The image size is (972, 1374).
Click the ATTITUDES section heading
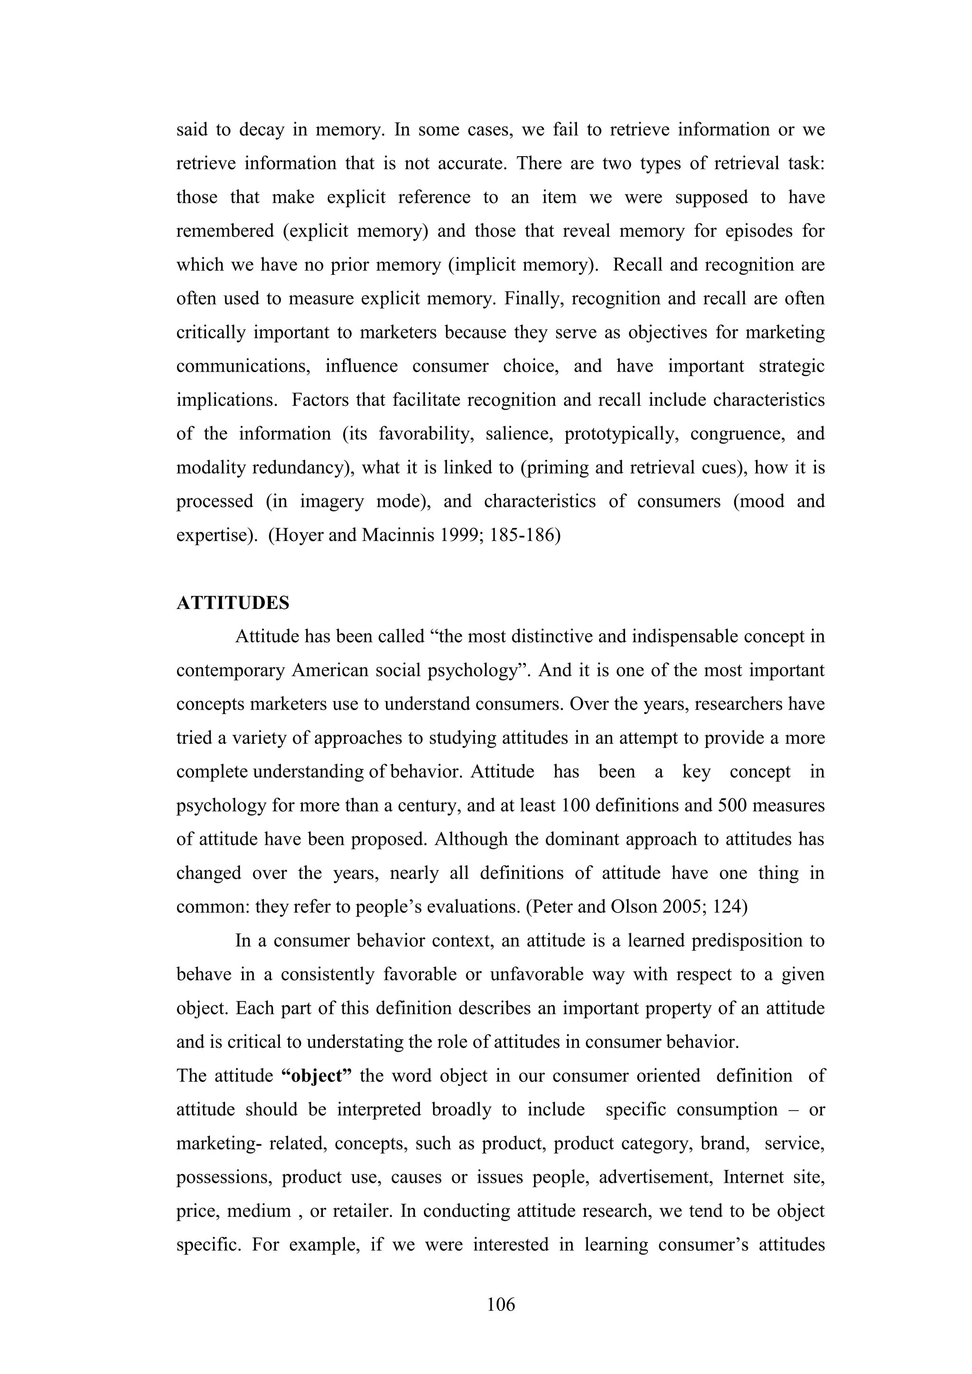(x=233, y=603)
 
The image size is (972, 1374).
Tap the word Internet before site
(x=752, y=1177)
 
